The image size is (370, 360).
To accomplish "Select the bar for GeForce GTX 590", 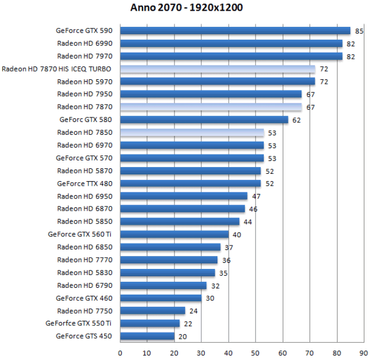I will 235,31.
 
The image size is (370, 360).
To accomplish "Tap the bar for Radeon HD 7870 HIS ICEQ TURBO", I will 217,69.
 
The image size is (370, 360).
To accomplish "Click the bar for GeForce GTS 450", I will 148,336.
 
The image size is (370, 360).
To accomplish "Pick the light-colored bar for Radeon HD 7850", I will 192,132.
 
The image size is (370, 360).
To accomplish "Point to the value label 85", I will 359,31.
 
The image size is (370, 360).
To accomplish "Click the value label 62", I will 297,120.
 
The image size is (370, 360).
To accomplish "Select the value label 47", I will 257,196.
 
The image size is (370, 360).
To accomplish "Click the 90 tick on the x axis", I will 363,353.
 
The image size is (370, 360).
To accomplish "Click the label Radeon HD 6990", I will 84,43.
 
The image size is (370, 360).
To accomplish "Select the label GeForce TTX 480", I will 84,183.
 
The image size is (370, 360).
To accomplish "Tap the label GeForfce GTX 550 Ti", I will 78,323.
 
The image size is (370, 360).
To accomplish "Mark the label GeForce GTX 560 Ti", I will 80,234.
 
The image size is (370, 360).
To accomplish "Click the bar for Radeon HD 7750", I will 153,311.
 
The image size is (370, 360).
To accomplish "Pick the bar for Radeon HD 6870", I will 182,209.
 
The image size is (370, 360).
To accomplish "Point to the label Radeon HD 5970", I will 84,82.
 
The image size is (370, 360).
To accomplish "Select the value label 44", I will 248,221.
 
